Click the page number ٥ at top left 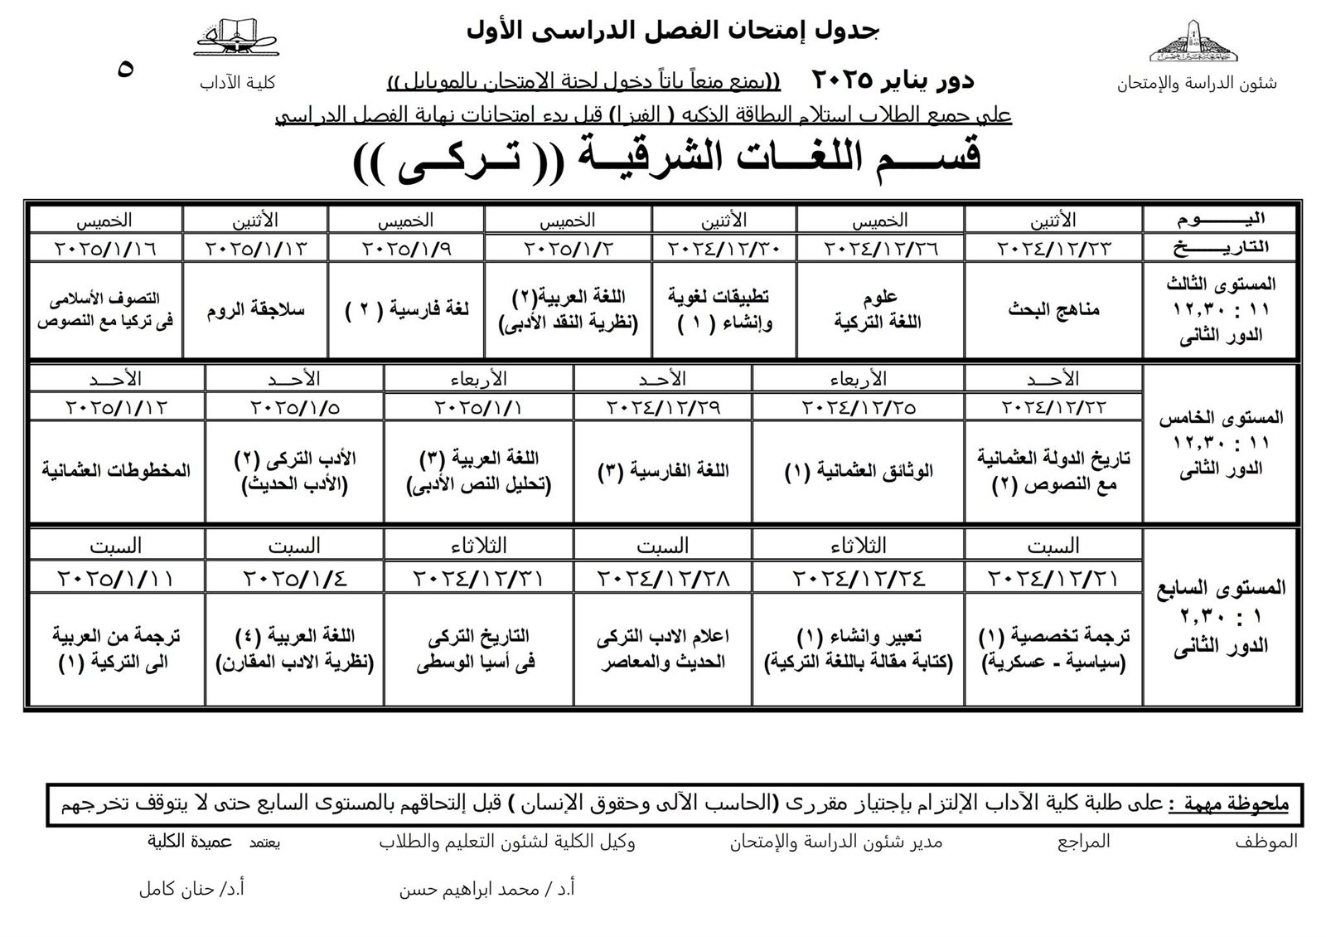pyautogui.click(x=126, y=68)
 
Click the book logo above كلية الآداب pyautogui.click(x=236, y=39)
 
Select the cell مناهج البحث pyautogui.click(x=1053, y=309)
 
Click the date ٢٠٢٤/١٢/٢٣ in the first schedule pyautogui.click(x=1053, y=248)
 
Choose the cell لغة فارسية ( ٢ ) pyautogui.click(x=406, y=310)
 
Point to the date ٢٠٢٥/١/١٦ pyautogui.click(x=105, y=248)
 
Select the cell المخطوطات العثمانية pyautogui.click(x=116, y=471)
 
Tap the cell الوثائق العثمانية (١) pyautogui.click(x=858, y=471)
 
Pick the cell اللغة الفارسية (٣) pyautogui.click(x=662, y=471)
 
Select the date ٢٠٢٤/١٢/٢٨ pyautogui.click(x=662, y=578)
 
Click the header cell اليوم pyautogui.click(x=1221, y=220)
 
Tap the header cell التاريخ pyautogui.click(x=1221, y=247)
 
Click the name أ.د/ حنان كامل pyautogui.click(x=191, y=890)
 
